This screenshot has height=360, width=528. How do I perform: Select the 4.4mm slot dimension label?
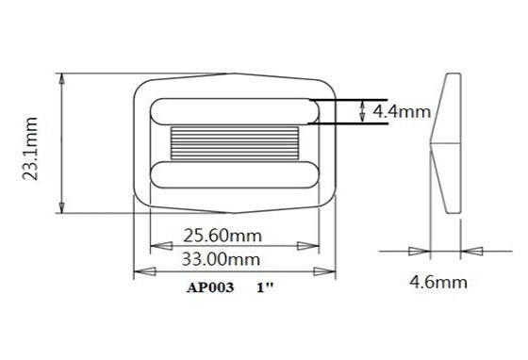pyautogui.click(x=402, y=111)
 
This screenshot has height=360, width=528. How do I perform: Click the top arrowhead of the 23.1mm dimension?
pyautogui.click(x=62, y=78)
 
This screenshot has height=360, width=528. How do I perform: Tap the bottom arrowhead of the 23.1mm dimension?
pyautogui.click(x=62, y=209)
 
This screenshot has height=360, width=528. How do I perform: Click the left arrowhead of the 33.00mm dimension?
pyautogui.click(x=140, y=272)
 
